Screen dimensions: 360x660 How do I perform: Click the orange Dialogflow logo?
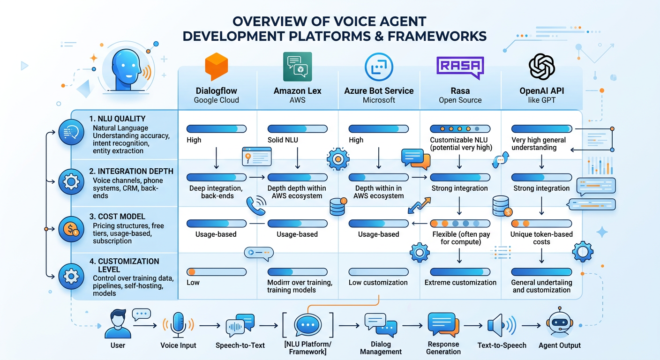tap(217, 67)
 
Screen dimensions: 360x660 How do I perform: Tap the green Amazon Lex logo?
tap(297, 67)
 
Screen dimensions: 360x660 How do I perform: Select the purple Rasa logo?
tap(460, 67)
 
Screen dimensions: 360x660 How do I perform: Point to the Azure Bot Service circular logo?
tap(378, 67)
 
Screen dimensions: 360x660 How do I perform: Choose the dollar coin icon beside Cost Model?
tap(71, 229)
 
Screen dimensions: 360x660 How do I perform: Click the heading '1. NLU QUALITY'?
tap(117, 119)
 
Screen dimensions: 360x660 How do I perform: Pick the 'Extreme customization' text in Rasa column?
tap(460, 283)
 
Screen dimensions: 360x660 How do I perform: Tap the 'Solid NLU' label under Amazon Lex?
tap(283, 140)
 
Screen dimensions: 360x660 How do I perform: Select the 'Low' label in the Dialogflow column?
tap(193, 283)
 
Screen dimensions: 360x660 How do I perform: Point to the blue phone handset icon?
tap(256, 206)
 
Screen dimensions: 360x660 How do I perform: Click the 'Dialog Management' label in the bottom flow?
tap(381, 348)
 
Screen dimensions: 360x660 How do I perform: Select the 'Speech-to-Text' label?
tap(240, 345)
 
